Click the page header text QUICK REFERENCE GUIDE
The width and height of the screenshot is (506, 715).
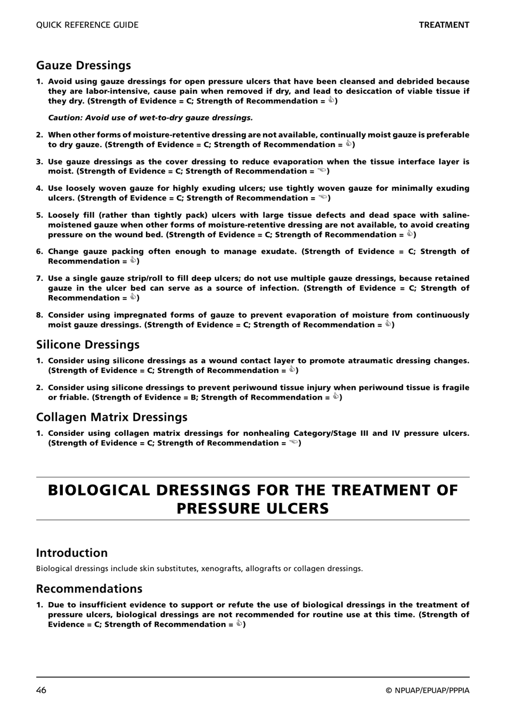tap(87, 25)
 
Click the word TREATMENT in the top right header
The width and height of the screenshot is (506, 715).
tap(444, 25)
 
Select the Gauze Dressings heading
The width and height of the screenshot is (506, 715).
tap(84, 66)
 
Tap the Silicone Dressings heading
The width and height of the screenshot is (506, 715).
tap(88, 345)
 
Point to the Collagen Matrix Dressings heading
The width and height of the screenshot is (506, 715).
tap(112, 417)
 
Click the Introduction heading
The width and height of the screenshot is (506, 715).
tap(72, 553)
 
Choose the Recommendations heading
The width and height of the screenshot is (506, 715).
tap(89, 589)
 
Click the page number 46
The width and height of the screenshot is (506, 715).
tap(42, 690)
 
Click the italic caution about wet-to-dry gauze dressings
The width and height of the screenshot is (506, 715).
tap(150, 118)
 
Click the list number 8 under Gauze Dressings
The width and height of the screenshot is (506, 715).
tap(39, 315)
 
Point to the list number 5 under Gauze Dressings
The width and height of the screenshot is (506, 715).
tap(39, 215)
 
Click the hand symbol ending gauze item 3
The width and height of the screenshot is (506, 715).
tap(322, 171)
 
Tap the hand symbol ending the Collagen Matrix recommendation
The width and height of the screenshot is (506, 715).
tap(293, 443)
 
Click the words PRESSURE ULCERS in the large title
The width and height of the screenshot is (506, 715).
tap(252, 508)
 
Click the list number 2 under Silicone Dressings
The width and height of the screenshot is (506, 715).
tap(39, 388)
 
